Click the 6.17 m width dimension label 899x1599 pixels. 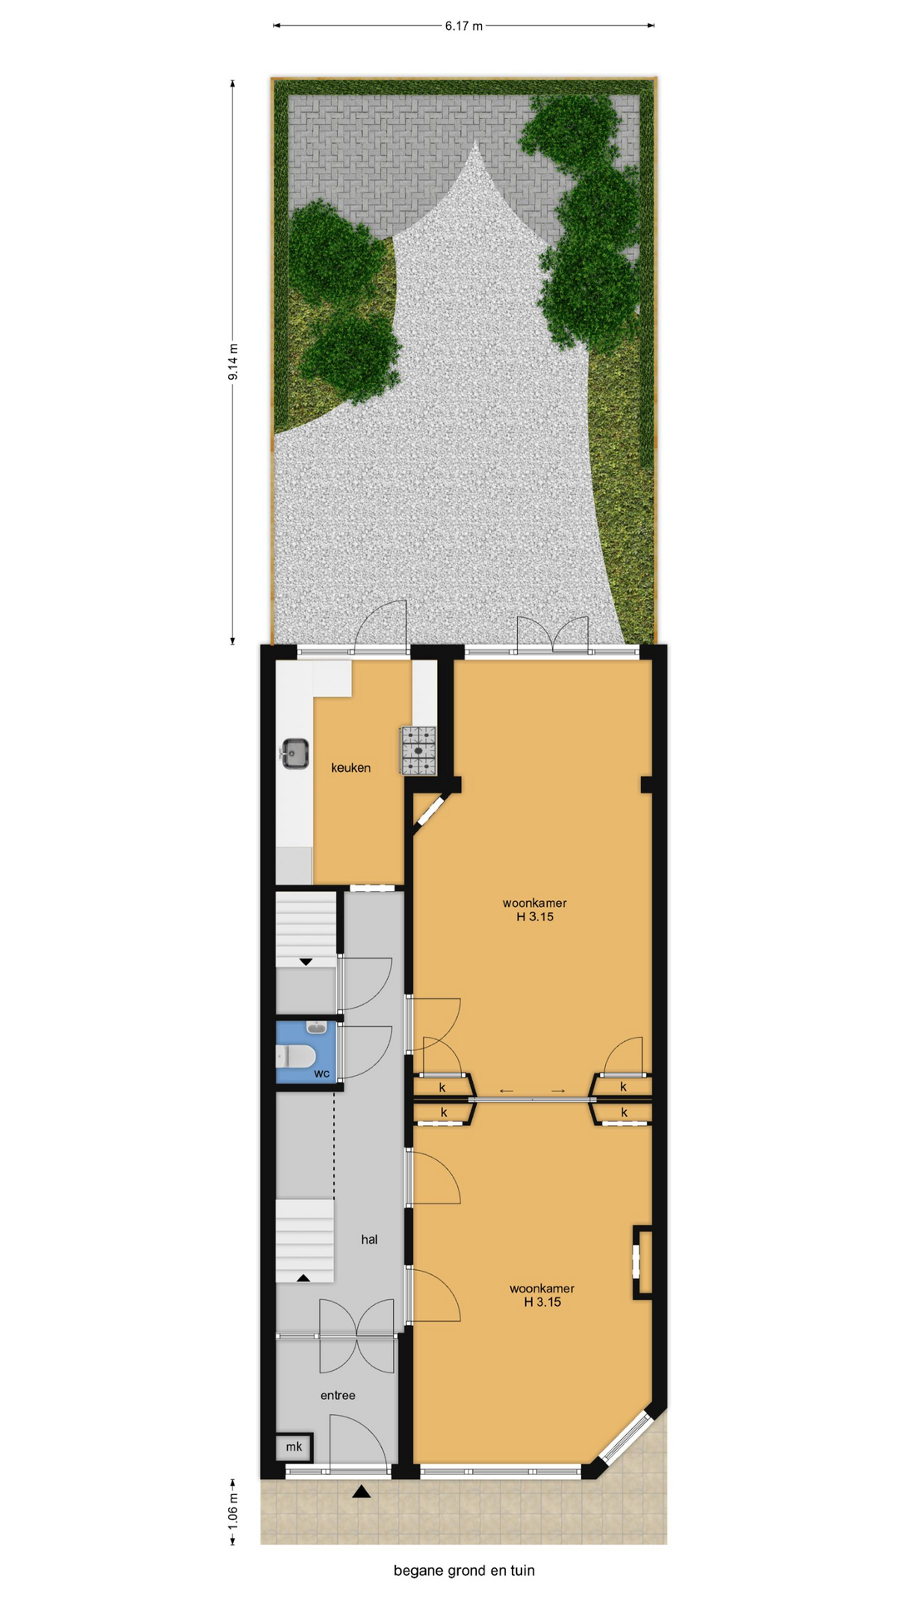tap(464, 26)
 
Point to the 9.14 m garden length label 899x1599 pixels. tap(233, 362)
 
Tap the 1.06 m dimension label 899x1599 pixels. tap(233, 1510)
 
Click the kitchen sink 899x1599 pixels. tap(295, 754)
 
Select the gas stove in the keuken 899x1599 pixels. tap(418, 750)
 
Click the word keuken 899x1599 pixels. tap(350, 768)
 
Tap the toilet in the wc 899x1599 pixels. tap(296, 1056)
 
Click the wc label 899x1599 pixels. tap(321, 1073)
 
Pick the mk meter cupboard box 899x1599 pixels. tap(295, 1447)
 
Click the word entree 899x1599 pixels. tap(338, 1395)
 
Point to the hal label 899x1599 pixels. tap(370, 1239)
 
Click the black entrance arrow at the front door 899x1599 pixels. tap(360, 1491)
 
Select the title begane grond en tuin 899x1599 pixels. tap(464, 1571)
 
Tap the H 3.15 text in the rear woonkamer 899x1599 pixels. tap(534, 917)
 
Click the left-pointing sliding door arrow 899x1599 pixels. tap(506, 1091)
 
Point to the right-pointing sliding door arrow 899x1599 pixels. tap(558, 1091)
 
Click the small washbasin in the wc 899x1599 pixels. tap(317, 1027)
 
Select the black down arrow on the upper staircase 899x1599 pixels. tap(305, 962)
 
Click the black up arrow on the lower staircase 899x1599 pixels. tap(303, 1278)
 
